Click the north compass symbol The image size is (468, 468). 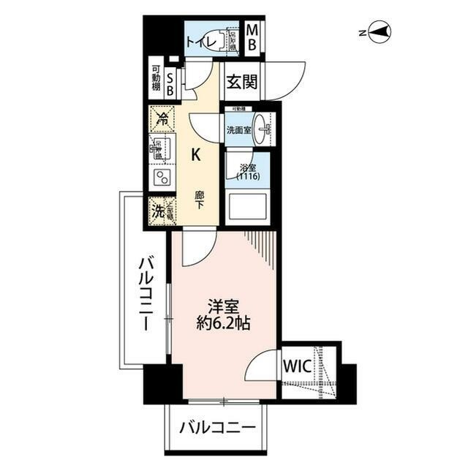click(x=380, y=32)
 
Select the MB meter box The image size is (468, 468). click(x=252, y=38)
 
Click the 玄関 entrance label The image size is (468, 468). click(x=241, y=82)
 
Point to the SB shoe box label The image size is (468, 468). click(x=170, y=83)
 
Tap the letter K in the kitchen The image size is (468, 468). click(x=195, y=154)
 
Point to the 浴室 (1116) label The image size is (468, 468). click(x=246, y=174)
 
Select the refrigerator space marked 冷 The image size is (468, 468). click(x=161, y=118)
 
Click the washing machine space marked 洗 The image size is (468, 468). click(x=158, y=211)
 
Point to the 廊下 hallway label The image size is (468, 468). click(x=199, y=200)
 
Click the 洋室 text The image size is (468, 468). click(x=223, y=305)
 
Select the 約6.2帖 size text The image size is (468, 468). click(x=224, y=323)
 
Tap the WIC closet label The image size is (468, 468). click(x=298, y=364)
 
